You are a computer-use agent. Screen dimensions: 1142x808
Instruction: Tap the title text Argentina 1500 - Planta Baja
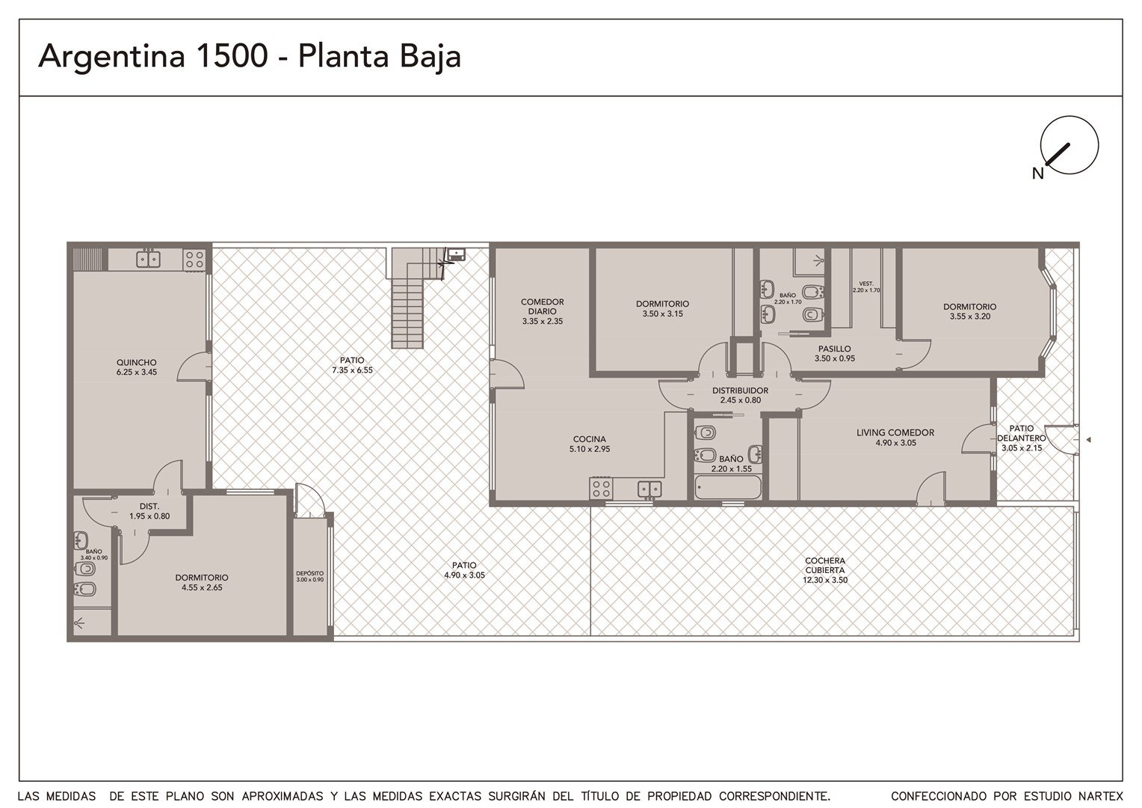(250, 56)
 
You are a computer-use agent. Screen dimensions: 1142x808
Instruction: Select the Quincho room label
(136, 367)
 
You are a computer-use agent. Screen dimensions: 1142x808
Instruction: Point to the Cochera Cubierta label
(825, 569)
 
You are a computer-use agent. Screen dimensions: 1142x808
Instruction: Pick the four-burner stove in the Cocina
(601, 488)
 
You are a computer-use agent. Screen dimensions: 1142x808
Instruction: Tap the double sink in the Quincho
(149, 259)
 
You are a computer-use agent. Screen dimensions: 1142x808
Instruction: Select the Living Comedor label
(895, 438)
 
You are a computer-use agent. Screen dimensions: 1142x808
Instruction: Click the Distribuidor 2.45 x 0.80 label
(740, 395)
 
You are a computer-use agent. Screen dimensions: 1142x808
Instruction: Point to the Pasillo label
(835, 353)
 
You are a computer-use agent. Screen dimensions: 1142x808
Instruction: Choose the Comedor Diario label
(543, 310)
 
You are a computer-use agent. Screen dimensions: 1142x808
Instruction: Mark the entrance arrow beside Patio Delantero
(1088, 439)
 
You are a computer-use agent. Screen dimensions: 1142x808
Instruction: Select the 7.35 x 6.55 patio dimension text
(352, 370)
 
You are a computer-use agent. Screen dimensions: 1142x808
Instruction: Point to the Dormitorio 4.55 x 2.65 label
(202, 582)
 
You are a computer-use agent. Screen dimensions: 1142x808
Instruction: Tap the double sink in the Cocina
(649, 489)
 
